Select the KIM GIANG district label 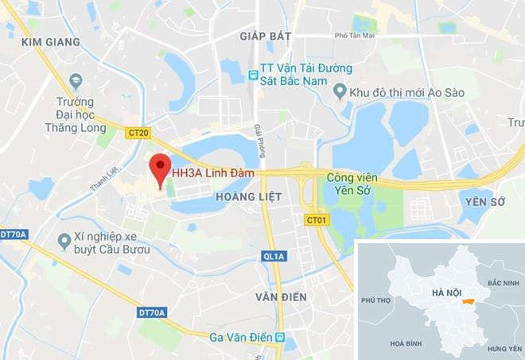(51, 41)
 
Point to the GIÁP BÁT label (266, 36)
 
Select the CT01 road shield (316, 219)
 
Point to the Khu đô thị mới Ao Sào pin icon (340, 92)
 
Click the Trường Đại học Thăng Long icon (76, 81)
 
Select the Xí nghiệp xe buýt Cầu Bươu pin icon (64, 239)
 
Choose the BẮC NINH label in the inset (502, 283)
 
